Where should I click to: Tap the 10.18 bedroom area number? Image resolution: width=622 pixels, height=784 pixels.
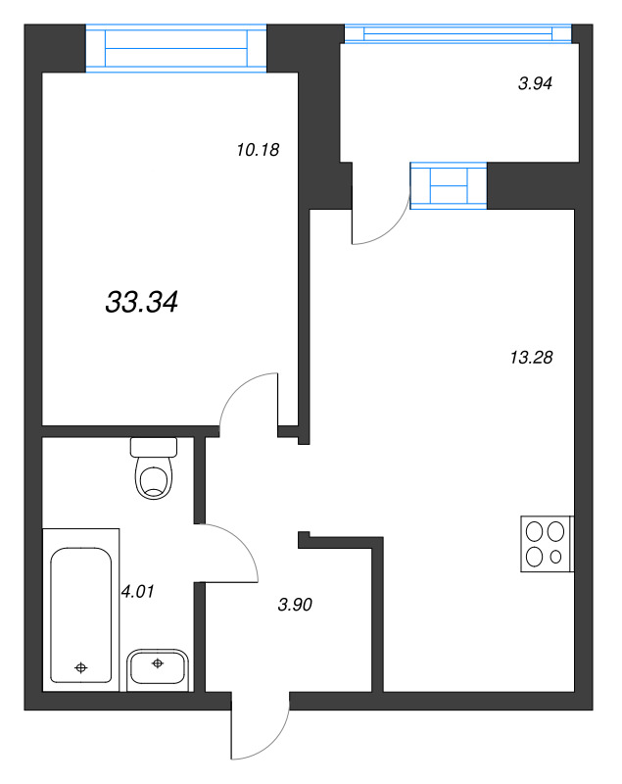coord(259,150)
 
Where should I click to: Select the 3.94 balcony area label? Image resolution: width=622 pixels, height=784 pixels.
coord(535,84)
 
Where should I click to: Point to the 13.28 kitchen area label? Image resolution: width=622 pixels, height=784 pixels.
coord(532,358)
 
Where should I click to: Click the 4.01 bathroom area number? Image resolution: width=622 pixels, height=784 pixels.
coord(138,591)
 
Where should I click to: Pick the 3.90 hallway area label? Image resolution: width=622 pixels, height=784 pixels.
coord(294,605)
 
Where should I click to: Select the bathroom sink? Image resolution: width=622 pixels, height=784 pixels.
coord(158,667)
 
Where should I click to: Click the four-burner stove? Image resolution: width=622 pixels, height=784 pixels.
coord(546,544)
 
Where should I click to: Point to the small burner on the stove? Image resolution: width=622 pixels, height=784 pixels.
coord(556,557)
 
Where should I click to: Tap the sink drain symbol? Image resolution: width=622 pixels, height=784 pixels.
coord(158,663)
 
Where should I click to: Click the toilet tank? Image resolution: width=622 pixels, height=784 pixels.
coord(154,447)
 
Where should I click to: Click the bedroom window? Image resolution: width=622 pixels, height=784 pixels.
coord(177,47)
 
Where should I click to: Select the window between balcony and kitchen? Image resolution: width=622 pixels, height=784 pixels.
coord(448,185)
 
